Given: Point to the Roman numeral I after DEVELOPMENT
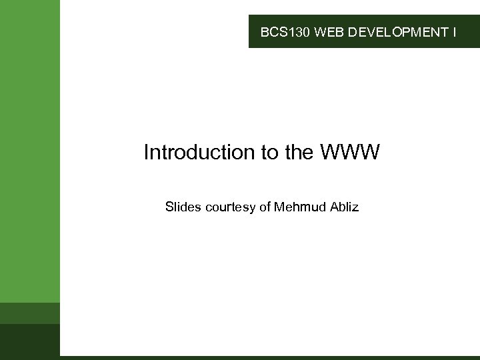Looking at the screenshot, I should (454, 31).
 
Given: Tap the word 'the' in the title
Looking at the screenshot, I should (297, 153).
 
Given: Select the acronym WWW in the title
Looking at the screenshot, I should (350, 153).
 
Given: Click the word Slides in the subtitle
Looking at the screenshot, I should (183, 207).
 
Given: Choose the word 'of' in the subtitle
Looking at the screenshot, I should (265, 207).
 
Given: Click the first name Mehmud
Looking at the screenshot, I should (299, 207).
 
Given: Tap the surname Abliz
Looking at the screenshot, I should (343, 207).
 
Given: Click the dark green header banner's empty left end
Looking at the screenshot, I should (254, 31).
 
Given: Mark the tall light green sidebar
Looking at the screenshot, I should (30, 147).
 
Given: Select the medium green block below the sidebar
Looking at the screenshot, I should (30, 313).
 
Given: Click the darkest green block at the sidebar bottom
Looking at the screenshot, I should (30, 340).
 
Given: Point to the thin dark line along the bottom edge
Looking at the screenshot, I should (267, 358).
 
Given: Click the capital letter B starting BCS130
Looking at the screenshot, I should (264, 31).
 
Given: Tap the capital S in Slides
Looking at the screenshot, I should (169, 207).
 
